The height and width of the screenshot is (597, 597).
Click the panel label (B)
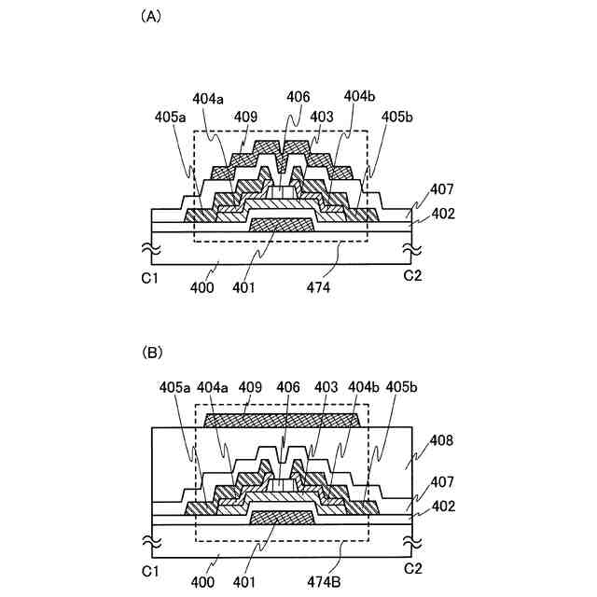(149, 353)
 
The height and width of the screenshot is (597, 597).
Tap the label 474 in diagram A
(316, 288)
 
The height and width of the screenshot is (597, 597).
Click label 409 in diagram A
(246, 118)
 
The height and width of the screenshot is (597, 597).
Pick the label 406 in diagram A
(299, 97)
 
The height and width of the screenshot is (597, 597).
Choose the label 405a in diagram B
(174, 383)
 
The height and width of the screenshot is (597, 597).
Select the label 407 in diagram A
(442, 190)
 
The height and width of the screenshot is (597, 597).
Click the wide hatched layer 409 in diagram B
(281, 421)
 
